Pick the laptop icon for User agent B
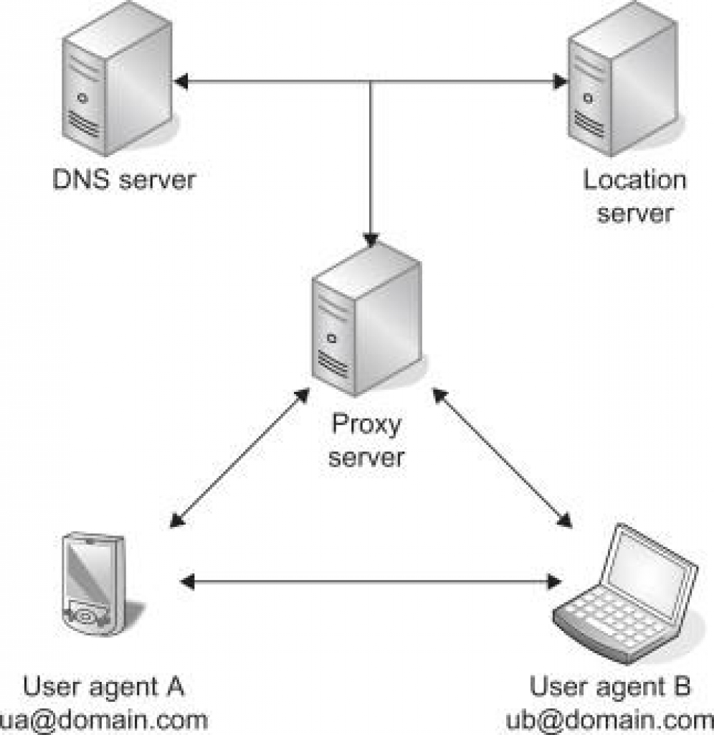tap(627, 596)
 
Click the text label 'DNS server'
tap(123, 179)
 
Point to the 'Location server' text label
tap(634, 195)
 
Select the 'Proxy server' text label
tap(366, 441)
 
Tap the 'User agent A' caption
tap(103, 687)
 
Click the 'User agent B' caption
tap(610, 687)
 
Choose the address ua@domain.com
tap(105, 719)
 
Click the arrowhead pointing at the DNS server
tap(182, 82)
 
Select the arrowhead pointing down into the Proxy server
tap(370, 238)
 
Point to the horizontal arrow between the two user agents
tap(370, 580)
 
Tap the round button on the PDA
tap(85, 616)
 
